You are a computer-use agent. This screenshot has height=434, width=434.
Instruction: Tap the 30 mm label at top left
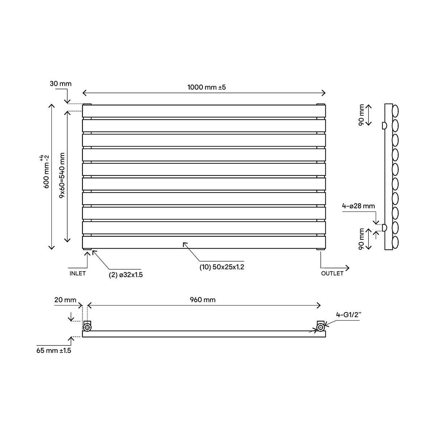61,84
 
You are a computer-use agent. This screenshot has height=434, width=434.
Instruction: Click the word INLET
77,273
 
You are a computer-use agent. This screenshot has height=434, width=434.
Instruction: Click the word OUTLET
332,273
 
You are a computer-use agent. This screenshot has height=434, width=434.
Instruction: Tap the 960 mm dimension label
203,300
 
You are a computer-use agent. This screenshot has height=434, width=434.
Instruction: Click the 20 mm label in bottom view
65,300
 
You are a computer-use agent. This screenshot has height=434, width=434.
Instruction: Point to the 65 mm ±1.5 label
54,350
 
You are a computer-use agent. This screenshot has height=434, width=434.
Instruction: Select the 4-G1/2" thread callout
349,315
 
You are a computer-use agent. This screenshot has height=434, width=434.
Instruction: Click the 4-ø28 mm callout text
358,206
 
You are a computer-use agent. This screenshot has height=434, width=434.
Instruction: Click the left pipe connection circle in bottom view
88,328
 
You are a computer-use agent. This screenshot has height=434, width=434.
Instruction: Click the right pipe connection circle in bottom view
320,328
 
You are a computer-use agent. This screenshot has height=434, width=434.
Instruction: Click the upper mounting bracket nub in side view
384,125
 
